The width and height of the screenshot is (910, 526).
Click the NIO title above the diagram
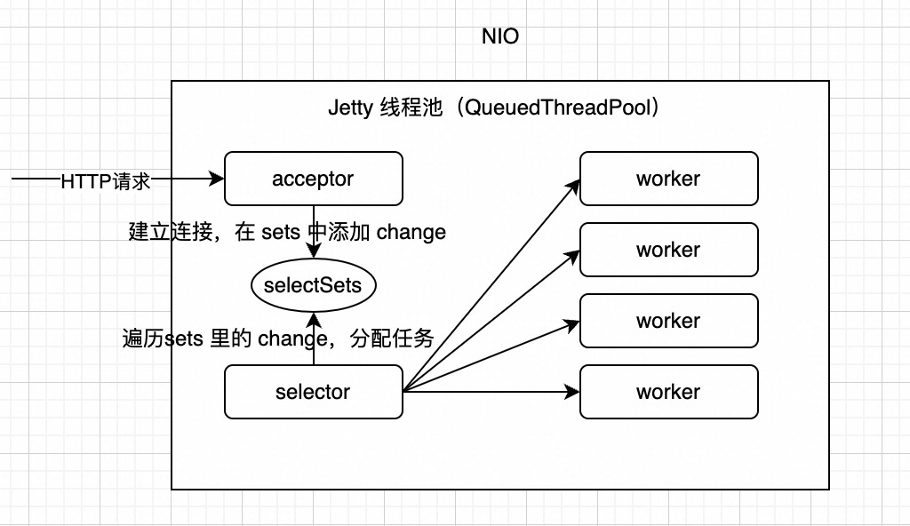499,37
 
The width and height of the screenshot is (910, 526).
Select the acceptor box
313,179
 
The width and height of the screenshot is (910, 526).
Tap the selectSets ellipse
313,286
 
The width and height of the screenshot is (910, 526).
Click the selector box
313,392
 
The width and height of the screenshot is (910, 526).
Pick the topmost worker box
668,179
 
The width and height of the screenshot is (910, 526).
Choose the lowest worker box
668,392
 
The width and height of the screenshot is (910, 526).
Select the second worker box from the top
668,250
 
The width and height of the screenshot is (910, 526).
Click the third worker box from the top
668,321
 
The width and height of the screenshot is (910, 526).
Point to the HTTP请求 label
105,180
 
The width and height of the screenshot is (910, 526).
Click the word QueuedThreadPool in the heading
561,109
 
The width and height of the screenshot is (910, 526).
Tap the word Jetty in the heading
350,109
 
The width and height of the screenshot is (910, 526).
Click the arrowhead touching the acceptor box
217,179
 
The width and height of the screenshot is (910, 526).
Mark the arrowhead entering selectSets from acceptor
313,252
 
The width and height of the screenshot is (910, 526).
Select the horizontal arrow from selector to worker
489,391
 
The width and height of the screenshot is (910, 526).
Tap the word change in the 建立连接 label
411,233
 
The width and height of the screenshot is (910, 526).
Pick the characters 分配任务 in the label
392,339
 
